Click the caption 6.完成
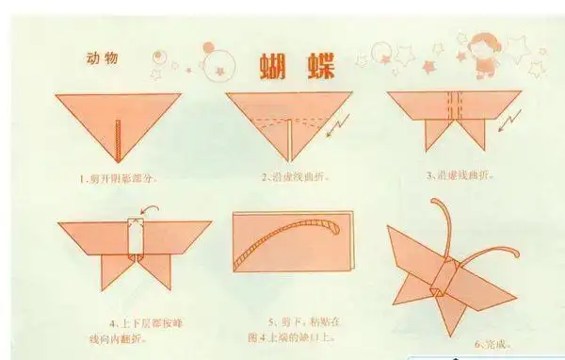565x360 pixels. (492, 346)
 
